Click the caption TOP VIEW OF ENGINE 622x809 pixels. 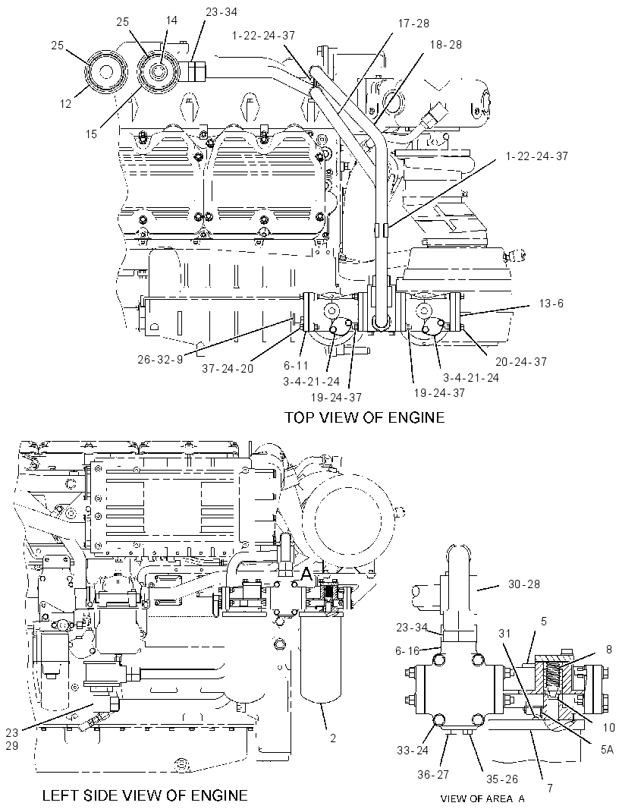365,417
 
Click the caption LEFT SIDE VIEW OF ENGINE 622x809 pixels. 144,795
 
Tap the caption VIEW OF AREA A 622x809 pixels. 483,798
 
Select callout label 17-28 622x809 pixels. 413,24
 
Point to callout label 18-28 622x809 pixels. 445,44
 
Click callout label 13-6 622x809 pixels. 551,304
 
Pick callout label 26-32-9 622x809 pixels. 160,359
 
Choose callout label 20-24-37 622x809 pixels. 521,362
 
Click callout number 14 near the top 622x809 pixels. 171,20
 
